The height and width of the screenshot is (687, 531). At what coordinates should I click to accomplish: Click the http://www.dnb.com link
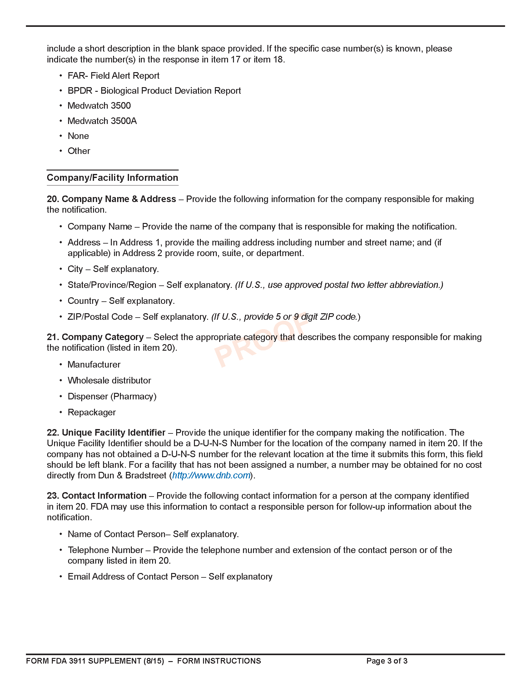click(211, 475)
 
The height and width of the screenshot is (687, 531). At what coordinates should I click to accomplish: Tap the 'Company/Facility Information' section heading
click(112, 178)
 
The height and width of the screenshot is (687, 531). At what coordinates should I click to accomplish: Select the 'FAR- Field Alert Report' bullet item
click(113, 76)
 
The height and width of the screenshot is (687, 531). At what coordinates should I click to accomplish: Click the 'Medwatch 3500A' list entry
click(102, 121)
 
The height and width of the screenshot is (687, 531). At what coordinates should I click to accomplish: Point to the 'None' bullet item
click(78, 136)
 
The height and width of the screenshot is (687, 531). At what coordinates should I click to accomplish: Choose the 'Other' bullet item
click(79, 151)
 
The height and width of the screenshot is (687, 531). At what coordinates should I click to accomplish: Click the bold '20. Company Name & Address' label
click(112, 199)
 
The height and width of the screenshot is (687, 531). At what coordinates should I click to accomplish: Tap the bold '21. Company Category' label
click(95, 337)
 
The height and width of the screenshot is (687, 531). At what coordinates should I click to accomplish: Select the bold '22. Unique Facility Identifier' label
click(106, 433)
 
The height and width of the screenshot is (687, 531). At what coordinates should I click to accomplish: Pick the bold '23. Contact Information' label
click(97, 496)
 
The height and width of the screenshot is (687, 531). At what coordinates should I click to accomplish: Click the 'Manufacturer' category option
click(94, 364)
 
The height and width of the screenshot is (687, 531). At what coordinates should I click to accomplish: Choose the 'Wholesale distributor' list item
click(109, 381)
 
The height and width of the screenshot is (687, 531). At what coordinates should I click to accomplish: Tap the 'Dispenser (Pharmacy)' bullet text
click(112, 396)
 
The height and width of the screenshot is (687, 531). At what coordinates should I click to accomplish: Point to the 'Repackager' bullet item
click(92, 413)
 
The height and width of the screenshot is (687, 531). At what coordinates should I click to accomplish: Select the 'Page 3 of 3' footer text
click(387, 661)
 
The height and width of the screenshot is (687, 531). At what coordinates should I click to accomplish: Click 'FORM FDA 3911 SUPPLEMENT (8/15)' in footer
click(95, 661)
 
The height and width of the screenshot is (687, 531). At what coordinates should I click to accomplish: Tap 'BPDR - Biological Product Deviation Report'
click(154, 91)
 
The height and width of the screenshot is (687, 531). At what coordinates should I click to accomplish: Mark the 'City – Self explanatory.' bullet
click(113, 269)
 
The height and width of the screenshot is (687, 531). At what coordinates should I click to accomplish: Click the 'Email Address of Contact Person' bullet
click(170, 576)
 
